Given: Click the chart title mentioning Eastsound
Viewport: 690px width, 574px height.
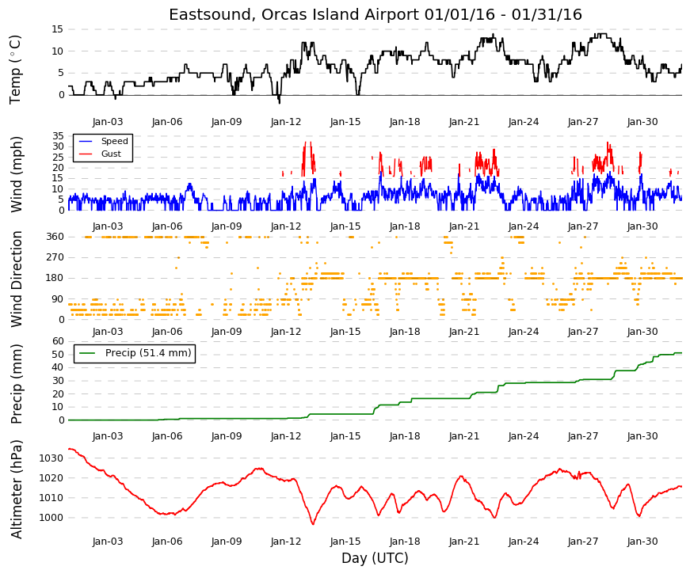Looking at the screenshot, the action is pyautogui.click(x=375, y=14).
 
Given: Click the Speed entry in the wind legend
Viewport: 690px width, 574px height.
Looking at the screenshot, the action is pyautogui.click(x=114, y=141).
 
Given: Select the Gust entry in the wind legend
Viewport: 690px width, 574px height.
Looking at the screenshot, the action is pyautogui.click(x=111, y=154).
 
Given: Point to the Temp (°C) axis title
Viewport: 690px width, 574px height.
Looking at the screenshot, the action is pyautogui.click(x=15, y=70).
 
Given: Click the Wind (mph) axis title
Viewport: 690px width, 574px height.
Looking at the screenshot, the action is pyautogui.click(x=16, y=175).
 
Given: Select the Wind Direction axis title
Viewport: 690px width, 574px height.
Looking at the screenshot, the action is pyautogui.click(x=16, y=279).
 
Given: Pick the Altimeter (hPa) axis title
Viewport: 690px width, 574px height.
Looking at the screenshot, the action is pyautogui.click(x=16, y=488).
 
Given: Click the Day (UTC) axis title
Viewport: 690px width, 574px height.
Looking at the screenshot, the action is pyautogui.click(x=375, y=558).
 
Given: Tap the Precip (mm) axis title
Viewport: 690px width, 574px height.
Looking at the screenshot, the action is pyautogui.click(x=16, y=384).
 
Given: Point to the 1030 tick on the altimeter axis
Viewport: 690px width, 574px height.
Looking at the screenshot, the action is pyautogui.click(x=51, y=458).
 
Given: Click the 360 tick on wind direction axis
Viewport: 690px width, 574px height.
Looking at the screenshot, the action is pyautogui.click(x=55, y=237).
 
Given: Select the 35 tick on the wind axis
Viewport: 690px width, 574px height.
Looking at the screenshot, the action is pyautogui.click(x=58, y=136).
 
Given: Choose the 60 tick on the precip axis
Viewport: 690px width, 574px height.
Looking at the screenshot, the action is pyautogui.click(x=58, y=341).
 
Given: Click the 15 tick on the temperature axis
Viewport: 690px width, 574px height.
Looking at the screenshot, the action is pyautogui.click(x=58, y=29).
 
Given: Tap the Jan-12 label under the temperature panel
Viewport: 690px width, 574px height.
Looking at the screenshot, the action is pyautogui.click(x=286, y=122).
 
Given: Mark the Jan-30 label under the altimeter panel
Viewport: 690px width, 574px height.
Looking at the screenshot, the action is pyautogui.click(x=642, y=542).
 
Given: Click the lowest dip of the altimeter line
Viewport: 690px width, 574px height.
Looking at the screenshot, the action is pyautogui.click(x=313, y=524).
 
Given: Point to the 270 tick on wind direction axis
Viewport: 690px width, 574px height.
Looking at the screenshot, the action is pyautogui.click(x=55, y=257).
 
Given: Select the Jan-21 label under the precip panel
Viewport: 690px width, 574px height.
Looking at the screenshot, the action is pyautogui.click(x=464, y=436).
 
